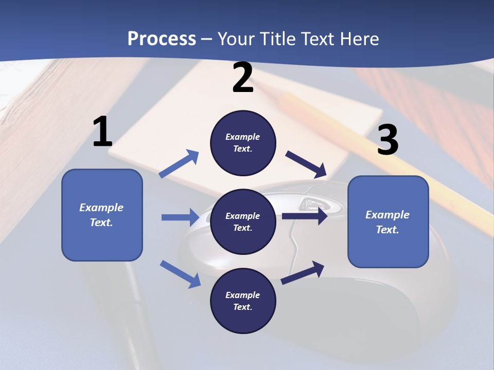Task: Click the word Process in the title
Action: click(162, 39)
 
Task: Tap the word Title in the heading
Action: click(277, 39)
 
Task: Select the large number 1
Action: click(102, 132)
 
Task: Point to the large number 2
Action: click(243, 78)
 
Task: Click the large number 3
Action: click(387, 140)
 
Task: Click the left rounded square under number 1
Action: click(102, 215)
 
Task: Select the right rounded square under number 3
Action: click(388, 222)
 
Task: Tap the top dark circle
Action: click(243, 143)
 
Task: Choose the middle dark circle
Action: click(243, 222)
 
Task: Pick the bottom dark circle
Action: click(243, 301)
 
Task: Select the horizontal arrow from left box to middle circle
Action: click(180, 217)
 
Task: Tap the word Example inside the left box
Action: click(101, 208)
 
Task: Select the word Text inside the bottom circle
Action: click(242, 307)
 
